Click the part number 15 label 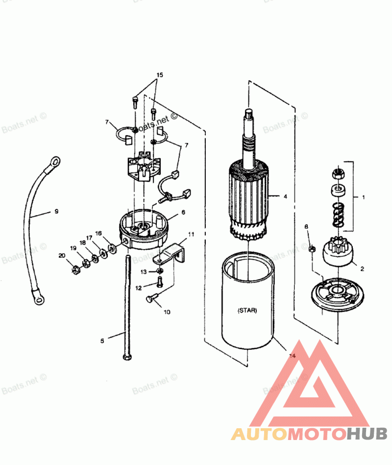pyautogui.click(x=160, y=75)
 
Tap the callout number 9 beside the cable pyautogui.click(x=56, y=212)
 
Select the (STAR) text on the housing pyautogui.click(x=247, y=311)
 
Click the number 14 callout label pyautogui.click(x=293, y=356)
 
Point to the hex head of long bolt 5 pyautogui.click(x=127, y=356)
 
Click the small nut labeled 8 pyautogui.click(x=312, y=248)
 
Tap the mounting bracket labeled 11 pyautogui.click(x=170, y=254)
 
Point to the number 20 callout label pyautogui.click(x=62, y=255)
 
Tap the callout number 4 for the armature pyautogui.click(x=285, y=196)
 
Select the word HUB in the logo pyautogui.click(x=367, y=434)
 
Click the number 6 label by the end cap pyautogui.click(x=183, y=212)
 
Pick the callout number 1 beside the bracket pyautogui.click(x=364, y=197)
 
